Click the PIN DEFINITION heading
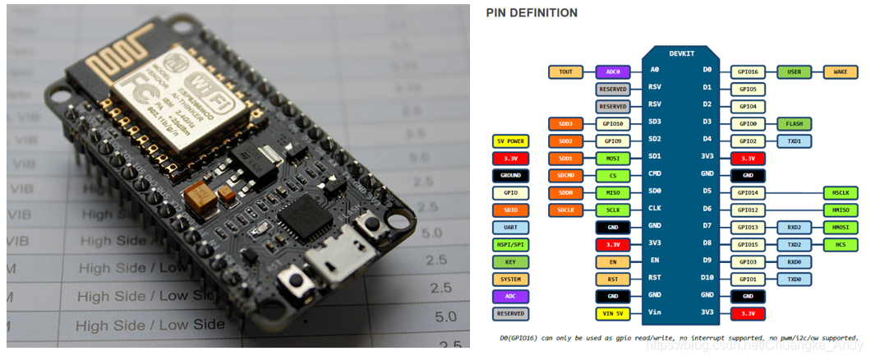(532, 13)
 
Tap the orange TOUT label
(565, 72)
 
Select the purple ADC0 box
(613, 72)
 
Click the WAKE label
(840, 72)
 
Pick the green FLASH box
(794, 123)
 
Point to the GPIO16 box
(748, 72)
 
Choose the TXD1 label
(794, 141)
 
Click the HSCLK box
(840, 192)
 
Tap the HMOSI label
(840, 227)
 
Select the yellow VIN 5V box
(613, 313)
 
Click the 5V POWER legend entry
(510, 141)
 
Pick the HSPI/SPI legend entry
(510, 244)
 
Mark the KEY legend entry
(510, 261)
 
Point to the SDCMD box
(565, 175)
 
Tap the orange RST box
(613, 279)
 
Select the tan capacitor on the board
(200, 195)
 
